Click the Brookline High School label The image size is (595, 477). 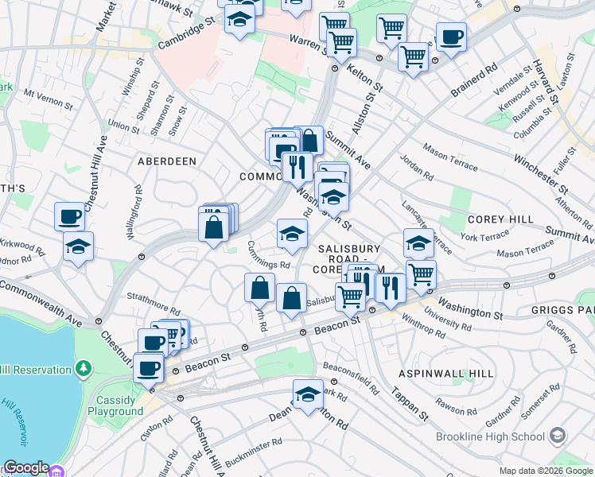489,436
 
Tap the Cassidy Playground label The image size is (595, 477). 120,405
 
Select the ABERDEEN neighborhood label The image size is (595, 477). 167,161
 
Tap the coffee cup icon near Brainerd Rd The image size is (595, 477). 451,37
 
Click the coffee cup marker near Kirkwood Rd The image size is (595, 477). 69,215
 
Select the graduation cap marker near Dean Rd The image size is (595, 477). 308,394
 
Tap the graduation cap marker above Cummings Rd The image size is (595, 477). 292,233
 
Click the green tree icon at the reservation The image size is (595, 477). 83,369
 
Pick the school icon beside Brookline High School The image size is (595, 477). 558,436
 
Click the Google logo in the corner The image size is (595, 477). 26,467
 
